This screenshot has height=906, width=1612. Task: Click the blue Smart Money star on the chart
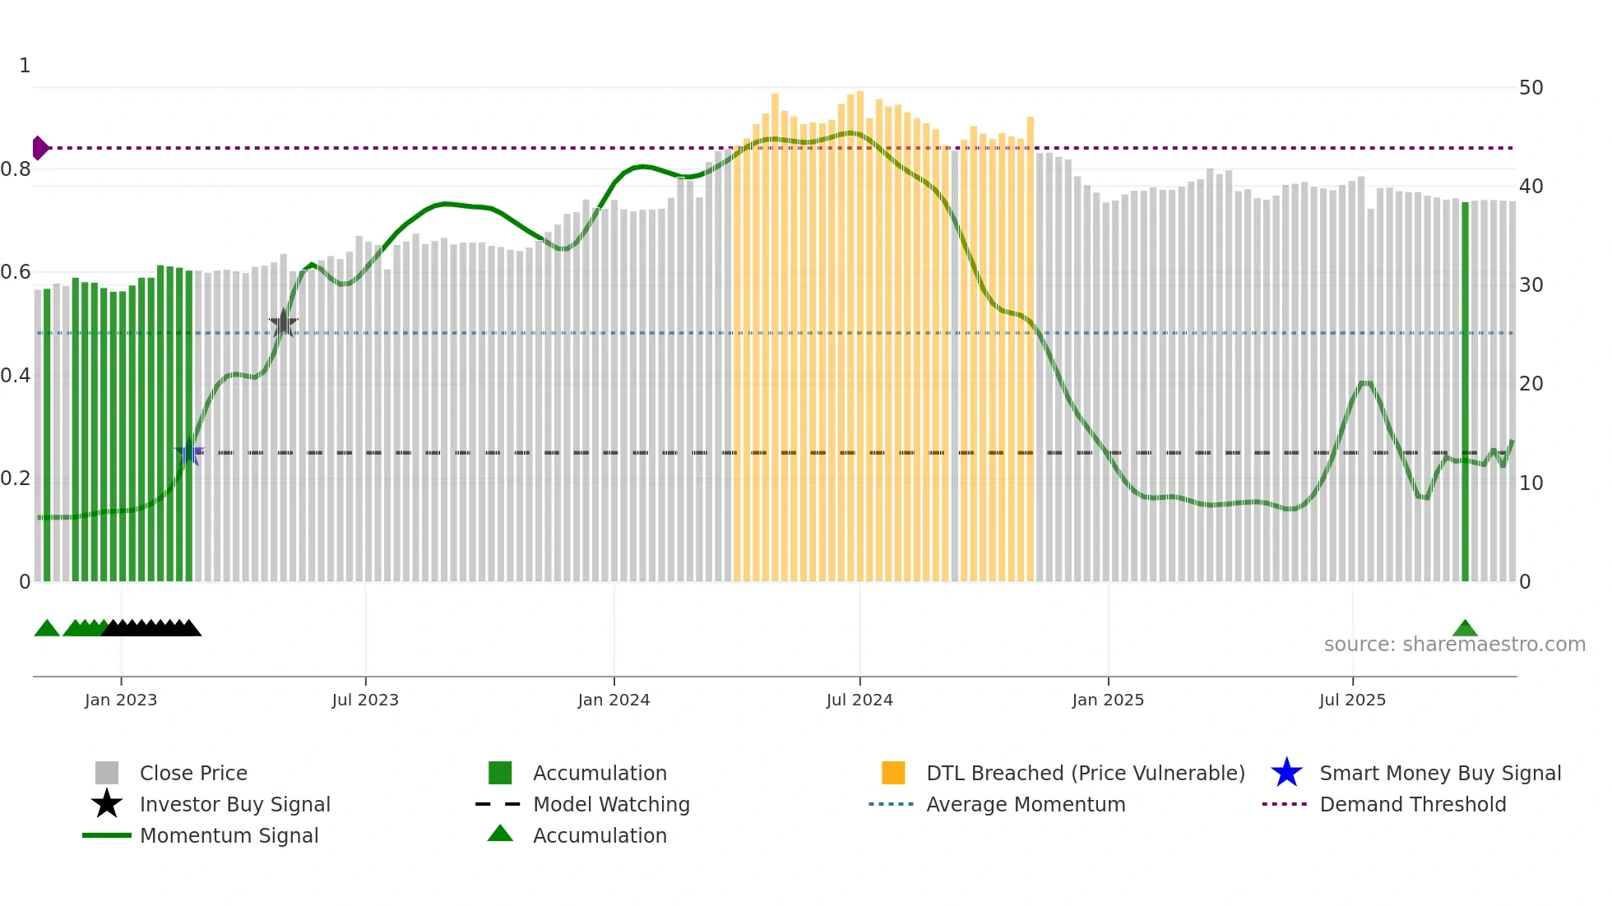click(189, 452)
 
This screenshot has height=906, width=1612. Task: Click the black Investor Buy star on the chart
click(283, 324)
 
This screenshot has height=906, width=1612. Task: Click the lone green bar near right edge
click(1465, 391)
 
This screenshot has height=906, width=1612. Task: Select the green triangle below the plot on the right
click(1465, 629)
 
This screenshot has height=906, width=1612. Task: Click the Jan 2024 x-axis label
click(614, 700)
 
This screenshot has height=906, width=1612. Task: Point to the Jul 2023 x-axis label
click(365, 700)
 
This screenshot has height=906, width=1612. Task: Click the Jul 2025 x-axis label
click(1352, 700)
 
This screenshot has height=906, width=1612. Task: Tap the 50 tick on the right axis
click(1531, 88)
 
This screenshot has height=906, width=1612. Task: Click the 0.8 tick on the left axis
click(16, 169)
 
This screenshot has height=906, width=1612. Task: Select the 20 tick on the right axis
click(1531, 384)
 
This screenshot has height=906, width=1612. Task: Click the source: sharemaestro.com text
click(1454, 645)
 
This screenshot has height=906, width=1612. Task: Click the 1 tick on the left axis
click(25, 66)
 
